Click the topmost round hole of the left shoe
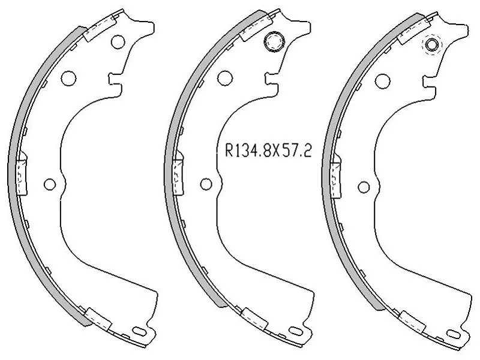tap(118, 42)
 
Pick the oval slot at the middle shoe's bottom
tap(298, 331)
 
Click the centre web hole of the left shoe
tap(50, 184)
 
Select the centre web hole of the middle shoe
tap(206, 184)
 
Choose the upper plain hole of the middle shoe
tap(224, 77)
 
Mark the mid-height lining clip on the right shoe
tap(334, 175)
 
